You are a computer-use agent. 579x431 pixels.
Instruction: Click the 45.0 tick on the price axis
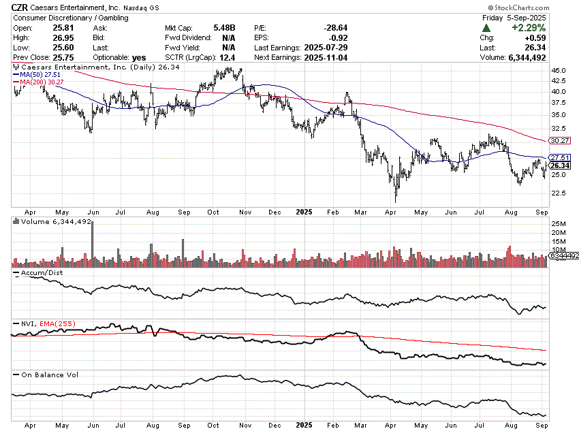(560, 70)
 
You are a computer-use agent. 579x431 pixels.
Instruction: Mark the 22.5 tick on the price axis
(560, 193)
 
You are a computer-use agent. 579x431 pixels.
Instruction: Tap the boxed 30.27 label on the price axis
(559, 141)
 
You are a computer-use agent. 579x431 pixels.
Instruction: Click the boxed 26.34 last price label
(559, 165)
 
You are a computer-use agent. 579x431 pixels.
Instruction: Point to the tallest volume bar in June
(92, 242)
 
